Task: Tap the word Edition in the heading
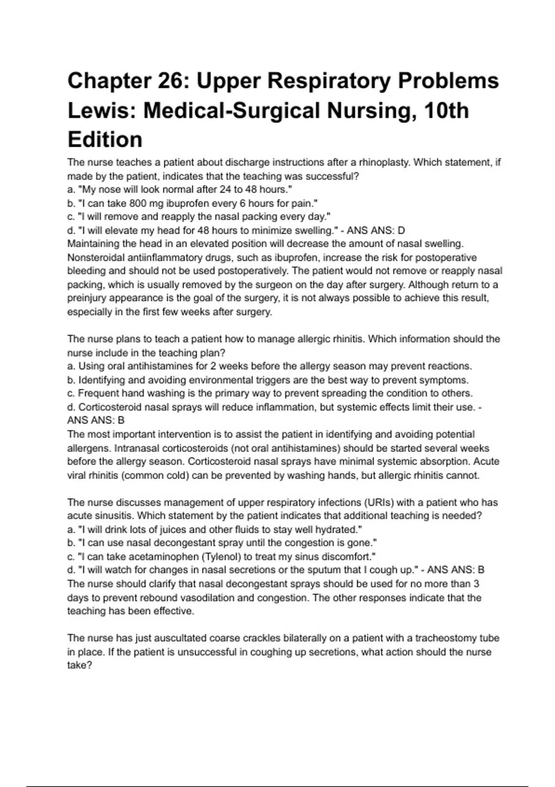point(105,140)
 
